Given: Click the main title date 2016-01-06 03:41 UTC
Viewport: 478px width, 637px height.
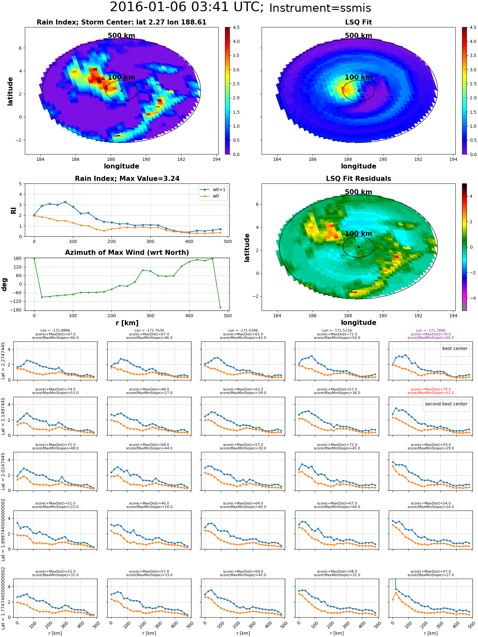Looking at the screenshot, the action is (187, 7).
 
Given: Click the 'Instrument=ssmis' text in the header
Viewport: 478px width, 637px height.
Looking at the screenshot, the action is (320, 8).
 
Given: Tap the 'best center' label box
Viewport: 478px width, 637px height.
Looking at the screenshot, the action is (455, 348).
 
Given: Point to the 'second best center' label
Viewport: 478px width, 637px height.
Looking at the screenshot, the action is (446, 404).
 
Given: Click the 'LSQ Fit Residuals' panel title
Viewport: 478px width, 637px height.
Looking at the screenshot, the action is (358, 179).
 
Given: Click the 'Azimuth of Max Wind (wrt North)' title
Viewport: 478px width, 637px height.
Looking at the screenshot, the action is (127, 253).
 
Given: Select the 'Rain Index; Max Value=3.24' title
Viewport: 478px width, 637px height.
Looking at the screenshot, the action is (127, 179).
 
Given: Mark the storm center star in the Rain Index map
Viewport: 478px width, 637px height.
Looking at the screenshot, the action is (121, 91).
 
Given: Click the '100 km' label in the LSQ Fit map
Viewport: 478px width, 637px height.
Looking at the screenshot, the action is (358, 77).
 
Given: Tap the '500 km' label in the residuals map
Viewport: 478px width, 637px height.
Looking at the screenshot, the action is (358, 192).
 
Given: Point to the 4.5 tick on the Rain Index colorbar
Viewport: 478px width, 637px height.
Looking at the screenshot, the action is (236, 27).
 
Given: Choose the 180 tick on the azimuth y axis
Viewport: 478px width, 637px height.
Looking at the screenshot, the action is (18, 258).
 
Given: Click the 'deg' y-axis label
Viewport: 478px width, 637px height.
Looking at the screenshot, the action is (4, 284).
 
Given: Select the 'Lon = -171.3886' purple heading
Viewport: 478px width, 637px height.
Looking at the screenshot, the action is (431, 331).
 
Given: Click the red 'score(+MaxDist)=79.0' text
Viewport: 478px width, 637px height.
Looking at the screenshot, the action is (431, 389).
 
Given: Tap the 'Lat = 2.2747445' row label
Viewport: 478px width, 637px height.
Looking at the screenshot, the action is (3, 361).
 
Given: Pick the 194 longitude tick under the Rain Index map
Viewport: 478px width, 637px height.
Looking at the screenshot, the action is (216, 159).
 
